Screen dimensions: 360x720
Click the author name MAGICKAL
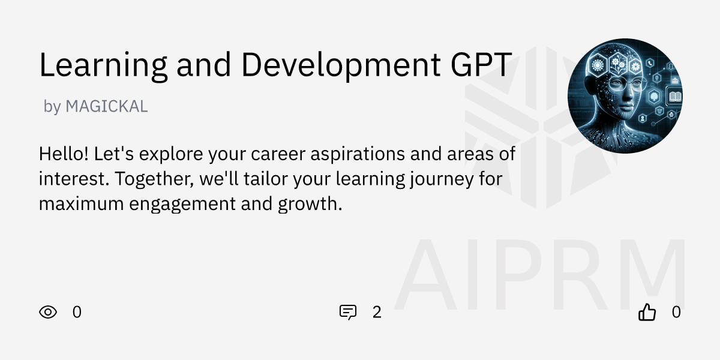click(x=106, y=107)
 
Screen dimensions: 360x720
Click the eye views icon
click(x=48, y=312)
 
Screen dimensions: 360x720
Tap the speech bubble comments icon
click(x=348, y=312)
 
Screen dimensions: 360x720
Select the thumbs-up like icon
click(x=647, y=312)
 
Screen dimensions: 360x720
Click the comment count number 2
click(x=377, y=312)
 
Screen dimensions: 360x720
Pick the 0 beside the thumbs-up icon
click(x=676, y=312)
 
